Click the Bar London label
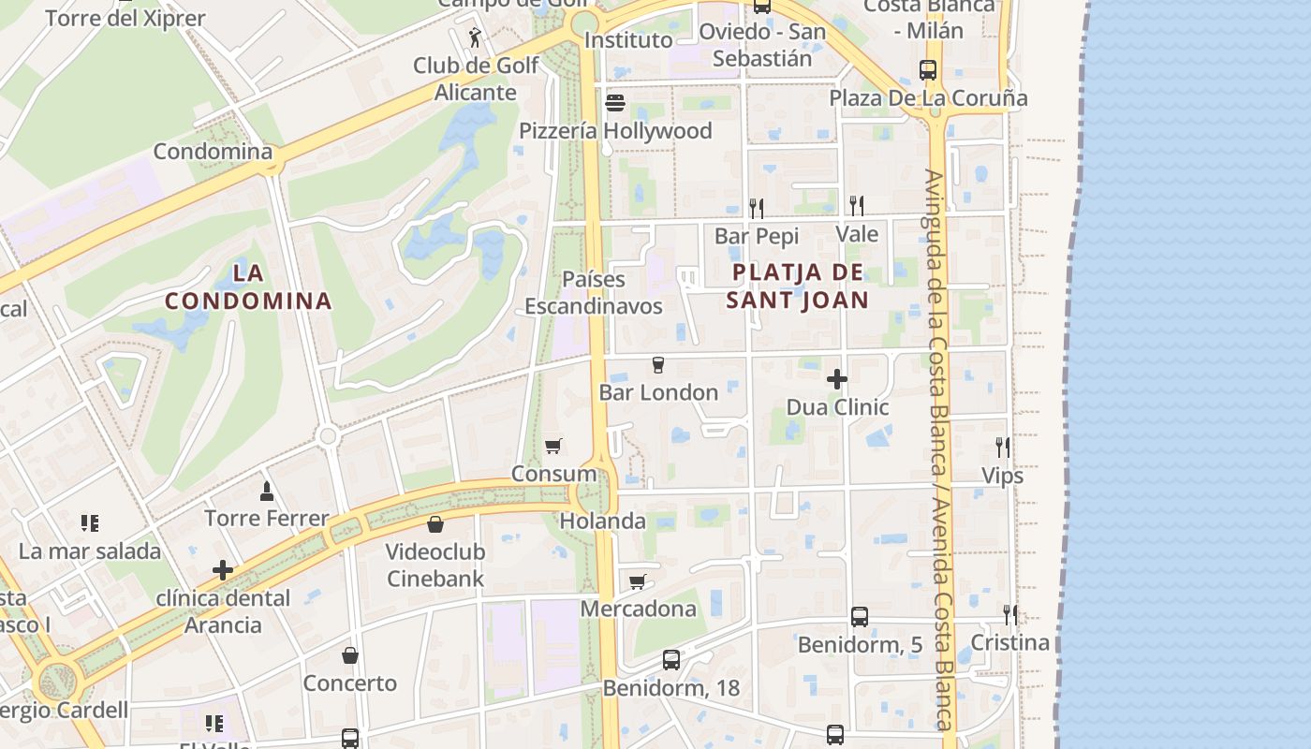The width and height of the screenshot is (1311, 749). (x=658, y=392)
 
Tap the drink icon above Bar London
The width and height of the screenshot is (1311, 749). (x=657, y=364)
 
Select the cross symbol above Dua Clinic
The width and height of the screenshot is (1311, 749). (x=837, y=379)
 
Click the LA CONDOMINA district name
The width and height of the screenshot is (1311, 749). (x=248, y=287)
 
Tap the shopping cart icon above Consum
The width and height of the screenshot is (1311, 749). (x=553, y=446)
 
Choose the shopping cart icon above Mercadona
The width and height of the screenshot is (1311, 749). (x=638, y=581)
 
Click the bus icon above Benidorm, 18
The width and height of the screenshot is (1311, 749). (x=671, y=659)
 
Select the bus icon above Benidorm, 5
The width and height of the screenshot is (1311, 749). (x=860, y=616)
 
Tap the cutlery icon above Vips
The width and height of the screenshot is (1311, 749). (x=1002, y=447)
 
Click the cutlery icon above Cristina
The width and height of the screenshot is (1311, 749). (x=1009, y=614)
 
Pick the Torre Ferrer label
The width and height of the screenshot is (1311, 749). (x=267, y=518)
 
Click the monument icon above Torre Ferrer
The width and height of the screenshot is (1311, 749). (x=267, y=491)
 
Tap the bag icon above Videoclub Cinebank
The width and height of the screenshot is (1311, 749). (x=435, y=524)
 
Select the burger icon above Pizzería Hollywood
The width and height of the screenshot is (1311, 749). (x=615, y=102)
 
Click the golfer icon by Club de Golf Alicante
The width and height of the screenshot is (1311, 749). (x=477, y=38)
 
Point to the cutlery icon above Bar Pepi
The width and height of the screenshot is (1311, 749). (x=757, y=207)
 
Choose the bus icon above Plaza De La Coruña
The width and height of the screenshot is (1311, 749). (x=928, y=69)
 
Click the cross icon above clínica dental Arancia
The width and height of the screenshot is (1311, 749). (x=223, y=569)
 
